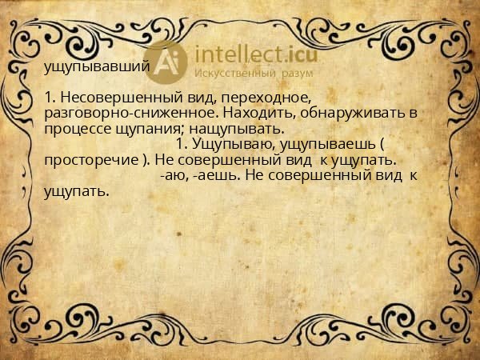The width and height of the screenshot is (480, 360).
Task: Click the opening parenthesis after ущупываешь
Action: [382, 144]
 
